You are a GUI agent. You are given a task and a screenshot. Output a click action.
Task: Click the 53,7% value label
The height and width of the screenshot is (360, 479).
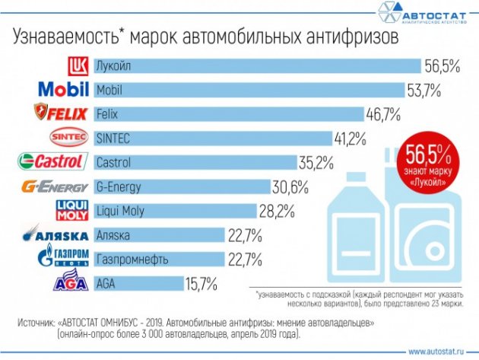pyautogui.click(x=425, y=91)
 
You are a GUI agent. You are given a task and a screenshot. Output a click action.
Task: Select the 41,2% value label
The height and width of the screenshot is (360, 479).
pyautogui.click(x=351, y=139)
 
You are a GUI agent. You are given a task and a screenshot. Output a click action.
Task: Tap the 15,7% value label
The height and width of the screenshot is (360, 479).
pyautogui.click(x=201, y=284)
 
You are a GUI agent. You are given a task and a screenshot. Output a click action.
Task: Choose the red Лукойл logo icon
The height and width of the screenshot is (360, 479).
pyautogui.click(x=79, y=66)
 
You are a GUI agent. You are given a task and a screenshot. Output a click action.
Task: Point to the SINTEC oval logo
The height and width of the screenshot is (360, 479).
pyautogui.click(x=68, y=139)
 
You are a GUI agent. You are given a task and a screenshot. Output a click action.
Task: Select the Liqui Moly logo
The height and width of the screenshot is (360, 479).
pyautogui.click(x=74, y=211)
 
